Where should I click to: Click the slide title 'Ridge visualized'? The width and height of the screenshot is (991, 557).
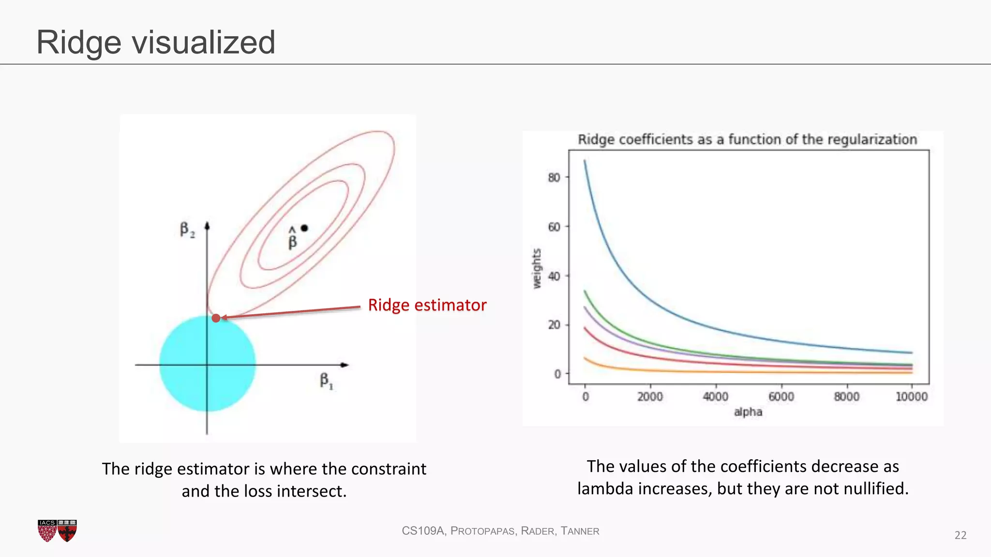click(x=156, y=43)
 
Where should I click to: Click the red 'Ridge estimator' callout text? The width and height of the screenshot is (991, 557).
click(x=427, y=305)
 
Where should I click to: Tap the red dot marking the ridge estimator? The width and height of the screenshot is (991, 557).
click(x=216, y=318)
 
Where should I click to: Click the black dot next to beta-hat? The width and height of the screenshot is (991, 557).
click(x=304, y=228)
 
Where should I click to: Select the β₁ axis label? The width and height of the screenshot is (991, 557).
click(x=326, y=381)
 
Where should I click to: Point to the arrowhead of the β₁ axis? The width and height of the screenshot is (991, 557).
click(x=345, y=365)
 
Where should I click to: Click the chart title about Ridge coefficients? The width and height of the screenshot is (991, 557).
click(x=747, y=140)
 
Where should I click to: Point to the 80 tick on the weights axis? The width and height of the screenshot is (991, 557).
click(x=554, y=177)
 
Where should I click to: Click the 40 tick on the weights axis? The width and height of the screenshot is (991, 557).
click(x=554, y=276)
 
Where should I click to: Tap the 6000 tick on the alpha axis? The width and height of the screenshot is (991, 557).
click(x=781, y=397)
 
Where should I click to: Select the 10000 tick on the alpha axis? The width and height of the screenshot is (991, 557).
click(x=911, y=397)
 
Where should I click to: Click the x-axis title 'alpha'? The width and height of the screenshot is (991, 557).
click(x=748, y=412)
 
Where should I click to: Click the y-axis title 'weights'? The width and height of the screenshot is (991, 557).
click(x=537, y=269)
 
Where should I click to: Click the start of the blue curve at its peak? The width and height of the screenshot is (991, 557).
click(x=585, y=161)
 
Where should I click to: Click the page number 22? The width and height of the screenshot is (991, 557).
click(x=960, y=535)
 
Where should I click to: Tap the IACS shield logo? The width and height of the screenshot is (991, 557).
click(x=47, y=530)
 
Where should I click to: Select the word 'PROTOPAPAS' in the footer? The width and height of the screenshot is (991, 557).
click(x=482, y=531)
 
